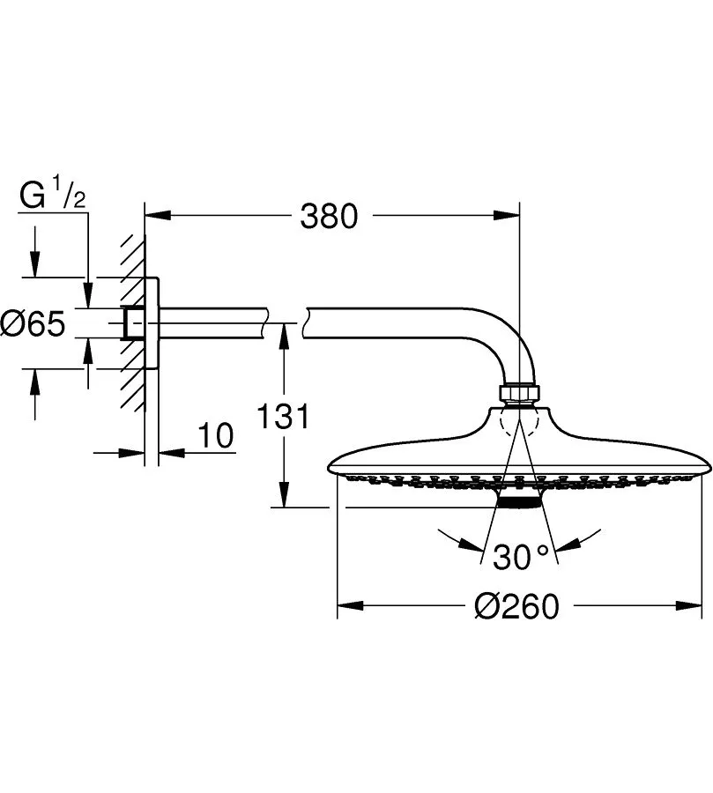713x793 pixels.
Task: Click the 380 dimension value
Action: click(329, 217)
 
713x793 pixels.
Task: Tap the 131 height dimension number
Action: click(283, 417)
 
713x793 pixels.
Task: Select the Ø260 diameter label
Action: click(516, 606)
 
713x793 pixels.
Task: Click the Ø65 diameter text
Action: click(33, 323)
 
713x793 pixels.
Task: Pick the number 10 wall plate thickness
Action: click(216, 435)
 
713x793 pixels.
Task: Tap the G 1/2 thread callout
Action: click(53, 196)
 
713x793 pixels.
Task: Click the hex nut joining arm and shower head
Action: click(519, 394)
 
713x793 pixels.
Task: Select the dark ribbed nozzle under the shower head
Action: click(520, 501)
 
